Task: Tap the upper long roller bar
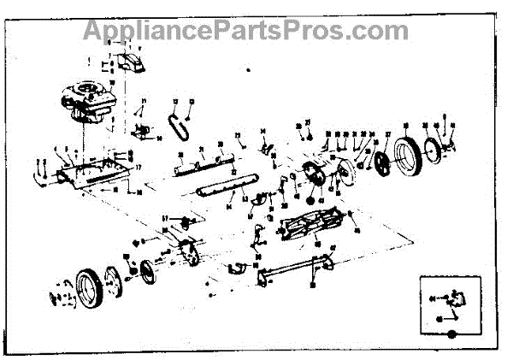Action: (204, 163)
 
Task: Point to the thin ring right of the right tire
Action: (441, 150)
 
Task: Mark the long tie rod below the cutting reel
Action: (294, 273)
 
